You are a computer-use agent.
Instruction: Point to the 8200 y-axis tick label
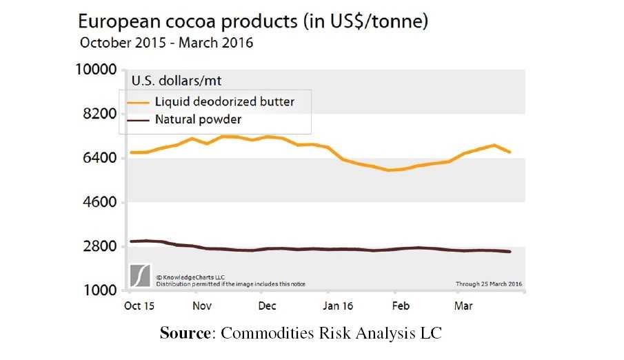(x=97, y=114)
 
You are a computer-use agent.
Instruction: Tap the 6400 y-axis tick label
(x=97, y=158)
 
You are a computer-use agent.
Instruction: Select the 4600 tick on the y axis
(x=97, y=203)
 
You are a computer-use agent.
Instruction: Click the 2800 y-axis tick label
(x=97, y=247)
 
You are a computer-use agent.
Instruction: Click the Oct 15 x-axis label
(x=139, y=306)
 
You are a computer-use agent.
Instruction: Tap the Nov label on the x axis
(x=202, y=306)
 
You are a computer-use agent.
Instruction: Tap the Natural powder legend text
(x=198, y=120)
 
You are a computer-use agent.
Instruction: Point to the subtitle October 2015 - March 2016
(x=167, y=43)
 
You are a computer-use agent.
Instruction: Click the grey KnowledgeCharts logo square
(x=141, y=275)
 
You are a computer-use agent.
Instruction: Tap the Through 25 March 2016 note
(x=488, y=283)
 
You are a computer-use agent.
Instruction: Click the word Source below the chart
(x=185, y=334)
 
